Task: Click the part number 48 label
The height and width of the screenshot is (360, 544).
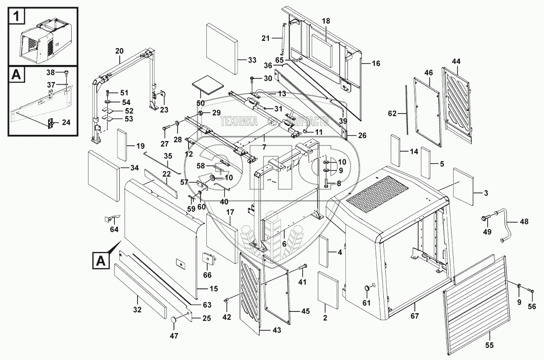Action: tap(524, 222)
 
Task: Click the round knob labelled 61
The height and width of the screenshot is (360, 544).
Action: tap(369, 288)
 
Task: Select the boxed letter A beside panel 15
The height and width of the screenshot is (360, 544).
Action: tap(101, 261)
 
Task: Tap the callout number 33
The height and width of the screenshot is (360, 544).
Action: tap(252, 60)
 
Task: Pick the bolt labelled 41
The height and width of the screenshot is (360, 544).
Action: tap(303, 267)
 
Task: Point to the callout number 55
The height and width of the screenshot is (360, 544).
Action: tap(489, 345)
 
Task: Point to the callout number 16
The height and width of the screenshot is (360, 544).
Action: tap(376, 63)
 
